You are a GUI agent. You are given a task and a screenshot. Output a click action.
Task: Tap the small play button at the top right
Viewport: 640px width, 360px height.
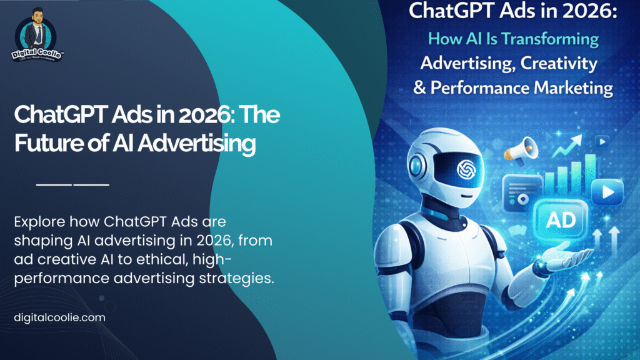tap(602, 141)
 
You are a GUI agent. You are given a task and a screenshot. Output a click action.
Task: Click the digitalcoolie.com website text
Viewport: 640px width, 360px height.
tap(59, 317)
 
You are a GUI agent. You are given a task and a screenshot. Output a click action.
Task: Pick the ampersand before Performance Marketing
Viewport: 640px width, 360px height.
tap(419, 87)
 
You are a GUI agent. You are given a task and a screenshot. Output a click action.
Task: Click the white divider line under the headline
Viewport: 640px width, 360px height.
tap(72, 185)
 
